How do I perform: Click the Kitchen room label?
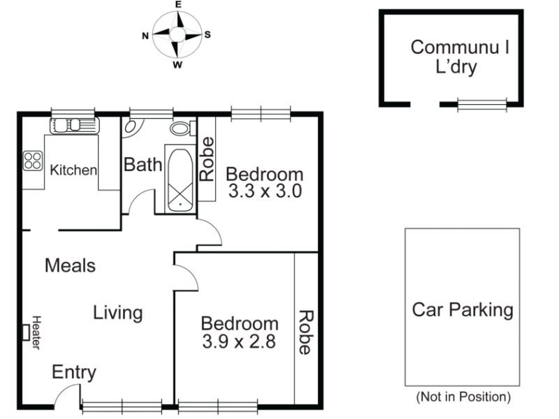coord(73,170)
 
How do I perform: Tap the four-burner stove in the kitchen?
coord(33,161)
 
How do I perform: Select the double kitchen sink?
coord(75,126)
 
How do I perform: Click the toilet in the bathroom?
coord(183,128)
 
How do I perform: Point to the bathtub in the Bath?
coord(180,180)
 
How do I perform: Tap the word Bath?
coord(143,165)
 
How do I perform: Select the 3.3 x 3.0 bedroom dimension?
coord(265,191)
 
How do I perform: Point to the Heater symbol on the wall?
coord(26,332)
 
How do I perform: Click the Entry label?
coord(74,372)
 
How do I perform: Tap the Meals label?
coord(71,265)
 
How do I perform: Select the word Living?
coord(118,313)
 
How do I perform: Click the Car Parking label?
coord(463,309)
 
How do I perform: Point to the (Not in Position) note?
coord(463,397)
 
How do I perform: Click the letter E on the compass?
coord(178,5)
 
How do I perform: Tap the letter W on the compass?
coord(177,65)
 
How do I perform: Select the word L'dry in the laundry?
coord(456,67)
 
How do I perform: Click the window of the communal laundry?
coord(482,104)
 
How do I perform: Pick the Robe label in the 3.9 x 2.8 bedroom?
coord(306,332)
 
